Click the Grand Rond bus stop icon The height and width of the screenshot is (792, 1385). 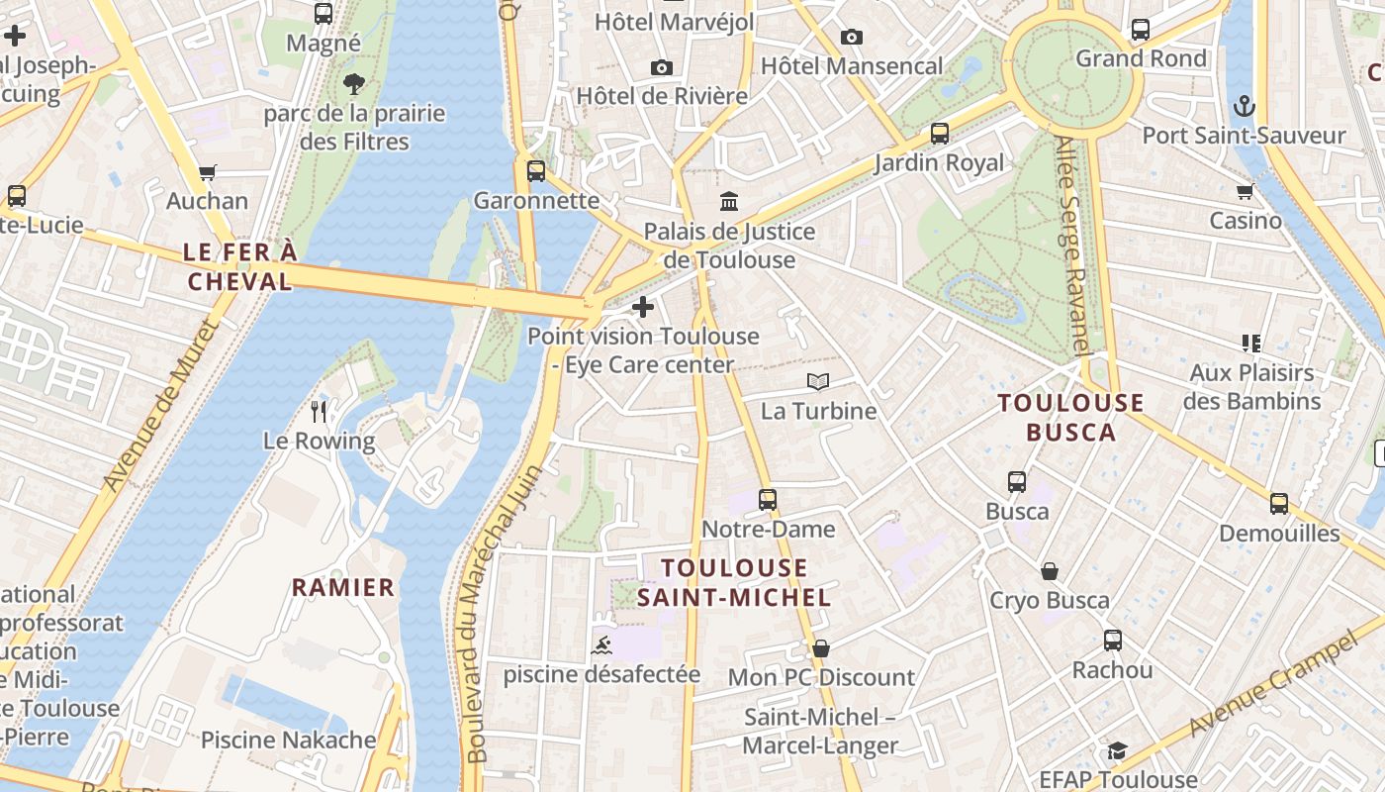tap(1141, 30)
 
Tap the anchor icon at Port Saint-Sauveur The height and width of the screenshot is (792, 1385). tap(1244, 106)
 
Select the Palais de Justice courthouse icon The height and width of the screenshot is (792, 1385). tap(730, 202)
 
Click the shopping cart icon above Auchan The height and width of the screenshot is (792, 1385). tap(207, 173)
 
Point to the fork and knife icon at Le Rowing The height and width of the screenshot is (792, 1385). tap(319, 411)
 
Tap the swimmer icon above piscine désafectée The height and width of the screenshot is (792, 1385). tap(601, 646)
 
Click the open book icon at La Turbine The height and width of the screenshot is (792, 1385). tap(818, 381)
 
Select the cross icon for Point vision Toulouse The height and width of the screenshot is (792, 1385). tap(643, 307)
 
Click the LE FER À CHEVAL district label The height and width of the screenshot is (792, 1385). tap(240, 267)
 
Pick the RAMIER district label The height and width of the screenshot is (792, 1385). tap(343, 587)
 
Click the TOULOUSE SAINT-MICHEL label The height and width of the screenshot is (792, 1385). tap(734, 582)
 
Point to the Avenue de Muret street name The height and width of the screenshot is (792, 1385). tap(160, 406)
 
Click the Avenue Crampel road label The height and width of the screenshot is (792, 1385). tap(1270, 686)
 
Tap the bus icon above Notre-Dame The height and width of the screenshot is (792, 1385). tap(768, 500)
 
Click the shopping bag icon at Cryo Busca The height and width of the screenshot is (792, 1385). tap(1050, 571)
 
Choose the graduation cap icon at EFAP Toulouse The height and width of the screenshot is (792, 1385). tap(1117, 750)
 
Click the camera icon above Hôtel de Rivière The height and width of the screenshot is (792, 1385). tap(662, 67)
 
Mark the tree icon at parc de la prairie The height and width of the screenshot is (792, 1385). tap(353, 84)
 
